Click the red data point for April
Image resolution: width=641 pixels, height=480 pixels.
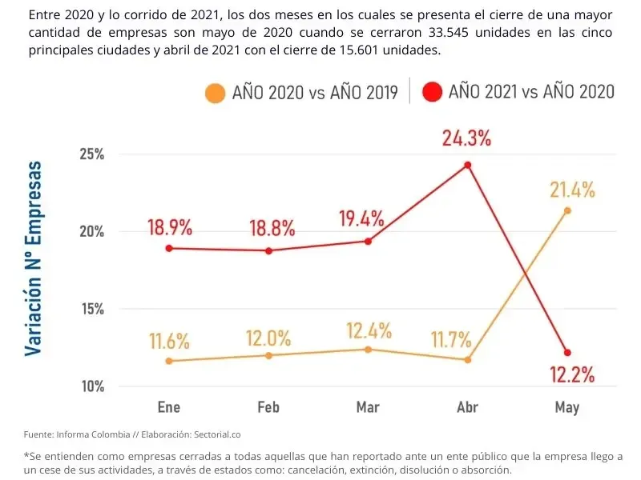pos(468,166)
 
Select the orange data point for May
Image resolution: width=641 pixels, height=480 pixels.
pos(567,210)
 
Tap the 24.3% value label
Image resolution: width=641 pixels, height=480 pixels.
pos(466,138)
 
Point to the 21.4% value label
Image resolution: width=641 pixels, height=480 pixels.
pos(572,190)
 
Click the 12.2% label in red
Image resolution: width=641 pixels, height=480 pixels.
pos(571,374)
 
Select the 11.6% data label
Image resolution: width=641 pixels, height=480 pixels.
pos(169,342)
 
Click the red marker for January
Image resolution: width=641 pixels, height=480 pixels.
pos(169,248)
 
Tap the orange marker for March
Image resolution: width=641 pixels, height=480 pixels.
pos(368,350)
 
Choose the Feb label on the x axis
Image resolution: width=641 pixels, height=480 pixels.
pos(268,408)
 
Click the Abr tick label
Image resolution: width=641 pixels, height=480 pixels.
pos(467,408)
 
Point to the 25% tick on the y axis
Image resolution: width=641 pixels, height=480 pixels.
pos(91,154)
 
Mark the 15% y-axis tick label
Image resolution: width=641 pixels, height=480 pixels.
pos(91,309)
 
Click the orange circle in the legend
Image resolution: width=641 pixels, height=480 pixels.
pos(215,92)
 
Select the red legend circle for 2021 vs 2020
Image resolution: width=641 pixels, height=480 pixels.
pos(433,91)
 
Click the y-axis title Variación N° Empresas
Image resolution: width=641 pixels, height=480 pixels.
pos(34,258)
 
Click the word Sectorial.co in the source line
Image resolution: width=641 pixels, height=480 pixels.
pos(215,434)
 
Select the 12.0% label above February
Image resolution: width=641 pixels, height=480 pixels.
pos(268,338)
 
